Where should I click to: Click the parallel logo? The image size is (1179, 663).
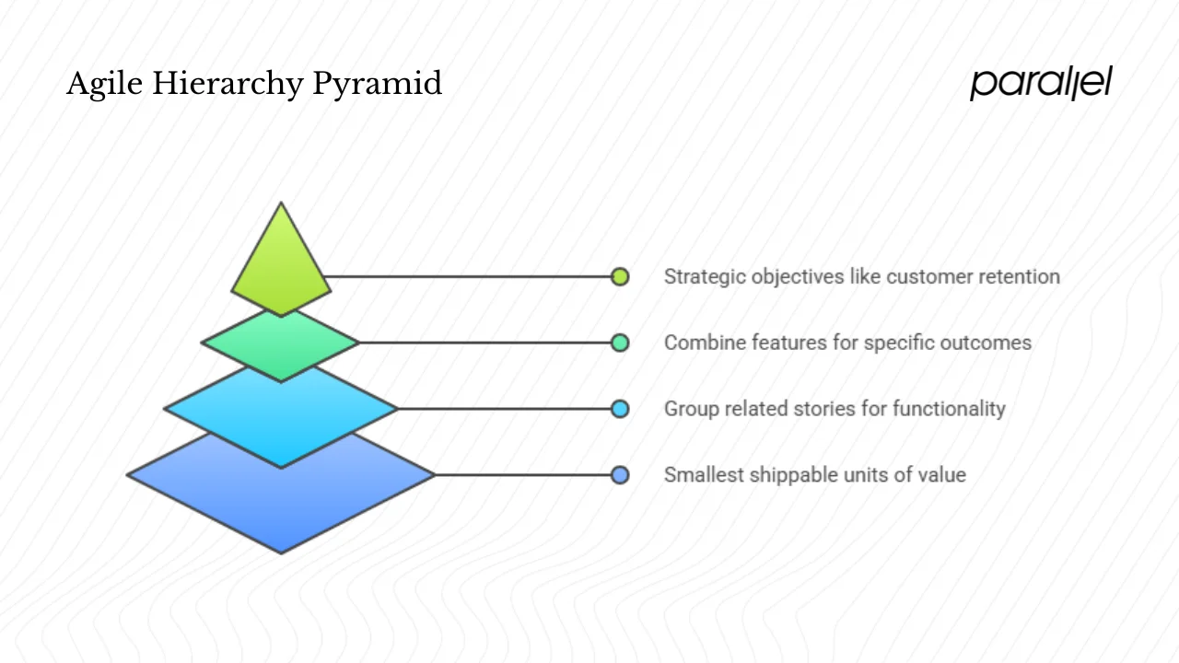[1041, 83]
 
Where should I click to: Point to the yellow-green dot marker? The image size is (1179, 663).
[620, 276]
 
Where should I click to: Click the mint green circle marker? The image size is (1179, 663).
[620, 343]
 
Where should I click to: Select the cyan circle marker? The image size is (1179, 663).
[620, 409]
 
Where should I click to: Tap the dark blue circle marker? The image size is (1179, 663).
[620, 475]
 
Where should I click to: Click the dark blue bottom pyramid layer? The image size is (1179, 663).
[281, 502]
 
